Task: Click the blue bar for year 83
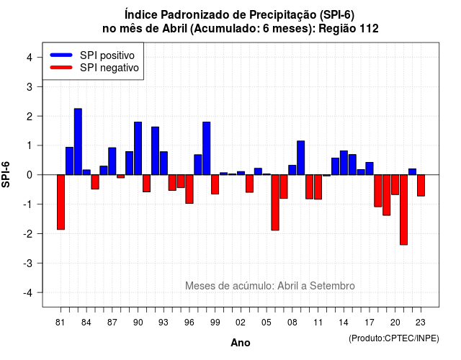[x=78, y=142]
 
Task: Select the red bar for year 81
[x=61, y=202]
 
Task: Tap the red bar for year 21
[x=403, y=210]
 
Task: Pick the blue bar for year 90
[x=138, y=148]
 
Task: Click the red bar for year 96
[x=189, y=189]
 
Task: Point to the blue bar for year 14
[x=344, y=163]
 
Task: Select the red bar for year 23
[x=421, y=186]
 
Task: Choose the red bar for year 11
[x=318, y=187]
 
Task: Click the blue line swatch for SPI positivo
[x=61, y=55]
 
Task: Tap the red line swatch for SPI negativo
[x=61, y=67]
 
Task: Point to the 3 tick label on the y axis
[x=30, y=86]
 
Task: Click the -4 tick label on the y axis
[x=28, y=293]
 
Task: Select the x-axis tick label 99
[x=215, y=323]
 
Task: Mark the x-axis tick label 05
[x=267, y=323]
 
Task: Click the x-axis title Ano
[x=241, y=343]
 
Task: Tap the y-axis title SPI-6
[x=6, y=174]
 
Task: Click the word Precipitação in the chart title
[x=282, y=15]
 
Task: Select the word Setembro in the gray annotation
[x=332, y=286]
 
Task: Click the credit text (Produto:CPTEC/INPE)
[x=394, y=338]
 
